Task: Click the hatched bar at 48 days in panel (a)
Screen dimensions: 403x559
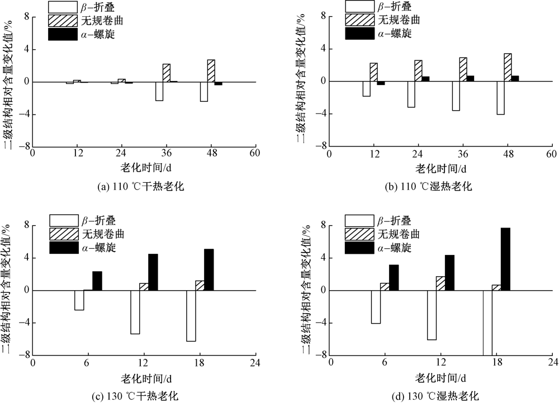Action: [211, 71]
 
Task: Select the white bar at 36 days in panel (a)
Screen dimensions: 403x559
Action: [159, 91]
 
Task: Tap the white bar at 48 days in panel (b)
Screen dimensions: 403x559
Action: [500, 98]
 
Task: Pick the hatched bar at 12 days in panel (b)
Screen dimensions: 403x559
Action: [373, 72]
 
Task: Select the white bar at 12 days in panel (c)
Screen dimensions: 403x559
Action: [135, 312]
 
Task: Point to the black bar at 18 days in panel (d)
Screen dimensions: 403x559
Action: [505, 259]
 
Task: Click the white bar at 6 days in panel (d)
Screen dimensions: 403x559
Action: [376, 307]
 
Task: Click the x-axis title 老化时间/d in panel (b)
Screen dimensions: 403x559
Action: [440, 168]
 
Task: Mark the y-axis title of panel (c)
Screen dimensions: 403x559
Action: [8, 290]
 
